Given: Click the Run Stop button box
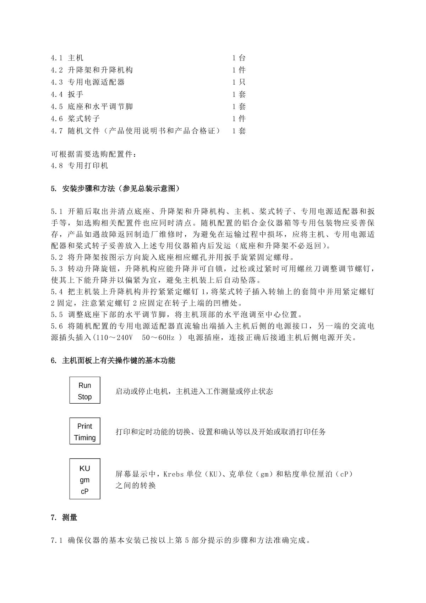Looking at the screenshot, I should tap(84, 390).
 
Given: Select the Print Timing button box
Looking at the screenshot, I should tap(84, 431).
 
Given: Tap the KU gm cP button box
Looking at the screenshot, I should tap(84, 479).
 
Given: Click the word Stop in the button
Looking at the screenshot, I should tap(84, 397).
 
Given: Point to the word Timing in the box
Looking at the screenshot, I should tap(84, 438).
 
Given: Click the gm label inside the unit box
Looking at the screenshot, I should tap(84, 480).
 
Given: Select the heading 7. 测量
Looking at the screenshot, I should tap(64, 518).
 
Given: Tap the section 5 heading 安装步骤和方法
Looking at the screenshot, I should tap(115, 189).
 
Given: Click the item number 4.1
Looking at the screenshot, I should tap(57, 58).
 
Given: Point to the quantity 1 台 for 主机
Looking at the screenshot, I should tap(239, 58).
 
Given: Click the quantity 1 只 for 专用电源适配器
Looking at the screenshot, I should tap(239, 82).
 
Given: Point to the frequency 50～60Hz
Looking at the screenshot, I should tap(158, 338).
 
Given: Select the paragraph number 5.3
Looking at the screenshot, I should tap(57, 269).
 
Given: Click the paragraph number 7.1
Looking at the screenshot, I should tap(57, 541).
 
